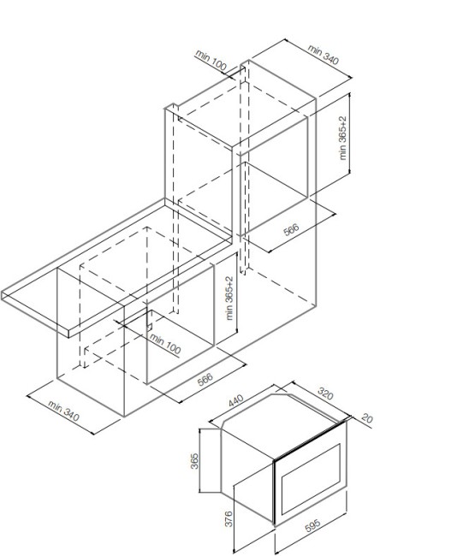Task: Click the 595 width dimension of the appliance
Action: tap(312, 525)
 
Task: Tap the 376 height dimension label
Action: tap(229, 518)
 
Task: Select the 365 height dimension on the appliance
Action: tap(194, 461)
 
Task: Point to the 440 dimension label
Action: tap(236, 400)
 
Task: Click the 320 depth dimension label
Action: tap(325, 393)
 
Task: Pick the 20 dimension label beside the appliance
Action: tap(367, 418)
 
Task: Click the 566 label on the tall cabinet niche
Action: tap(291, 230)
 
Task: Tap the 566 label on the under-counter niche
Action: tap(205, 380)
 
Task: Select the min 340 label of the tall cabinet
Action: tap(324, 54)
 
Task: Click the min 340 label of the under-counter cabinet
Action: tap(63, 411)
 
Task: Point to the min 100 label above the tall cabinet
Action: tap(211, 60)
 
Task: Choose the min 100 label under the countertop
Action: tap(165, 344)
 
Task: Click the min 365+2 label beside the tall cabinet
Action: tap(342, 138)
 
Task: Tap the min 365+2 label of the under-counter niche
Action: tap(230, 298)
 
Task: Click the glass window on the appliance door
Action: tap(312, 479)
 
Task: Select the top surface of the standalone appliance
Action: tap(284, 425)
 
